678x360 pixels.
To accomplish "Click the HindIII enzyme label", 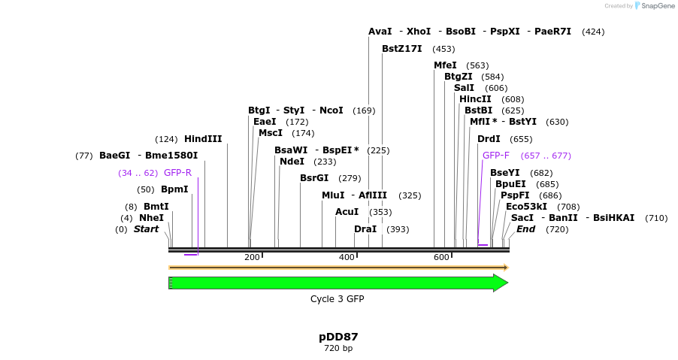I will pyautogui.click(x=203, y=139).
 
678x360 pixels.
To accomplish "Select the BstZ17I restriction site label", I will pyautogui.click(x=401, y=49).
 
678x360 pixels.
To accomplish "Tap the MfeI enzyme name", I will pyautogui.click(x=445, y=65).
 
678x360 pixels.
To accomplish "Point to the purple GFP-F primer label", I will pyautogui.click(x=495, y=156).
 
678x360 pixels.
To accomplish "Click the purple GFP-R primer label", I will pyautogui.click(x=177, y=173).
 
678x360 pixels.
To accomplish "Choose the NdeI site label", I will pyautogui.click(x=292, y=162).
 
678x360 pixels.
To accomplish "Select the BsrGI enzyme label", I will pyautogui.click(x=314, y=178).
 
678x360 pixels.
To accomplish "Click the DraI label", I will pyautogui.click(x=365, y=229).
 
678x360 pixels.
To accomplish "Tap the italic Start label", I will pyautogui.click(x=146, y=229).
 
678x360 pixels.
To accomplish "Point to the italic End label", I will pyautogui.click(x=525, y=229).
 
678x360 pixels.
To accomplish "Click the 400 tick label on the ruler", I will pyautogui.click(x=347, y=258).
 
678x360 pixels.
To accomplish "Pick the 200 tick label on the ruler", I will pyautogui.click(x=252, y=258).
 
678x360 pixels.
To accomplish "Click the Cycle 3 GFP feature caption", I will pyautogui.click(x=337, y=299).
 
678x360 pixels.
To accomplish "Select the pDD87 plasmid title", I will pyautogui.click(x=338, y=337).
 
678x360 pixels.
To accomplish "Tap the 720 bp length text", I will pyautogui.click(x=338, y=349).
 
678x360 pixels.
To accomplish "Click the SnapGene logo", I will pyautogui.click(x=651, y=6).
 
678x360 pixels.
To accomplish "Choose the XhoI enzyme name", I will pyautogui.click(x=419, y=32).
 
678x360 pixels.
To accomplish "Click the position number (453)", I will pyautogui.click(x=443, y=50).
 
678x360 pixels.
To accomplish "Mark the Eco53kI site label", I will pyautogui.click(x=526, y=207).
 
